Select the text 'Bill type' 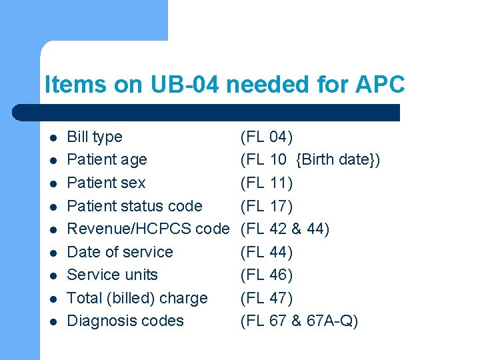[95, 137]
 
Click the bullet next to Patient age [53, 161]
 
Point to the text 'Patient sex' [106, 183]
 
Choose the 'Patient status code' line [135, 206]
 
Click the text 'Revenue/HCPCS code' [148, 229]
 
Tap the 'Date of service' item [120, 252]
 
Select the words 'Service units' [113, 275]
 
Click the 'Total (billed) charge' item [137, 298]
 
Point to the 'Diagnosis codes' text [125, 321]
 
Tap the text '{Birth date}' [338, 160]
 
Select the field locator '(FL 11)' [266, 183]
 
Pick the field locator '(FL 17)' [266, 206]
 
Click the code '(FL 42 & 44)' [285, 229]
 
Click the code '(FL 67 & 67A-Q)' [299, 321]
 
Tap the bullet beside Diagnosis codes [53, 322]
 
